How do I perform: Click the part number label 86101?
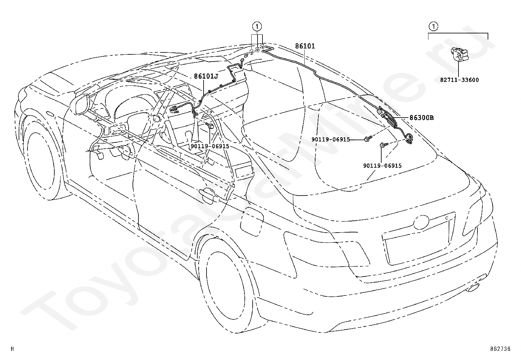pyautogui.click(x=305, y=46)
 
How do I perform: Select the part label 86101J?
pyautogui.click(x=206, y=76)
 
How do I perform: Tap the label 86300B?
pyautogui.click(x=422, y=118)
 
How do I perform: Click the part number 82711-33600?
pyautogui.click(x=459, y=80)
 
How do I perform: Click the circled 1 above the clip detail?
pyautogui.click(x=434, y=27)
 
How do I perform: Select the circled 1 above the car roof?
pyautogui.click(x=257, y=27)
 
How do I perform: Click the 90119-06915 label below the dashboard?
pyautogui.click(x=210, y=146)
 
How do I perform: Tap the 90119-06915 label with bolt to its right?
pyautogui.click(x=331, y=139)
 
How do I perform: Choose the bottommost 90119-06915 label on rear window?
pyautogui.click(x=382, y=165)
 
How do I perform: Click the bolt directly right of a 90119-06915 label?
pyautogui.click(x=368, y=139)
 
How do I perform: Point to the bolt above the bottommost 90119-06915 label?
pyautogui.click(x=384, y=145)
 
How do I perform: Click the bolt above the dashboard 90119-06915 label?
pyautogui.click(x=210, y=126)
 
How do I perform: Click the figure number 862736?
pyautogui.click(x=500, y=349)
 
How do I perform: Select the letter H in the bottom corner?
pyautogui.click(x=12, y=349)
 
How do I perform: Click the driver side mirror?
pyautogui.click(x=81, y=104)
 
